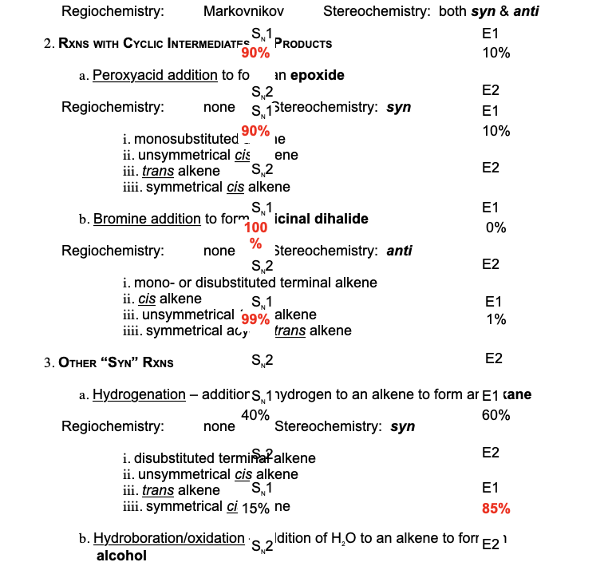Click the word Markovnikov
[243, 12]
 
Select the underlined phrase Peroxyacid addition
[155, 75]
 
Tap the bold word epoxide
[317, 75]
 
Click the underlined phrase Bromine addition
[147, 219]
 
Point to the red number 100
[255, 228]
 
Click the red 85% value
[496, 509]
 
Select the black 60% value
[496, 415]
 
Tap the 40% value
[255, 414]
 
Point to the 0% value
[496, 228]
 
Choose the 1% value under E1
[496, 319]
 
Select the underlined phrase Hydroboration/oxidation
[168, 538]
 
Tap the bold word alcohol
[121, 556]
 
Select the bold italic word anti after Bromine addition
[399, 251]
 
